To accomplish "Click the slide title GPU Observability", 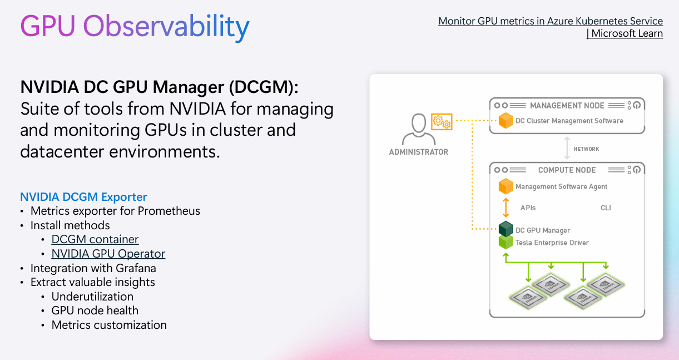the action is pos(135,26).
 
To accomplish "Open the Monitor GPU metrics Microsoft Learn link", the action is pos(551,27).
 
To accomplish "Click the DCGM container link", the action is pos(95,239).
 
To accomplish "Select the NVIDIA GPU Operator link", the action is pos(108,254).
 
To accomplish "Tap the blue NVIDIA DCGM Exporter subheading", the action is pos(83,197).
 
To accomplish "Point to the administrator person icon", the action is pos(418,129).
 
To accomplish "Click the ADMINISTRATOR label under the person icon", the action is pos(418,152).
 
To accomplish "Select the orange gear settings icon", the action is pos(442,121).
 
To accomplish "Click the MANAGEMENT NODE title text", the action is pos(567,106).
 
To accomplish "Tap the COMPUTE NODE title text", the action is pos(567,170).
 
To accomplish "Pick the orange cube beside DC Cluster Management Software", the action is pos(505,121).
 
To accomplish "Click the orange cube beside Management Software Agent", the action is pos(505,186).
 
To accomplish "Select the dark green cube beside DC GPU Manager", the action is pos(505,229).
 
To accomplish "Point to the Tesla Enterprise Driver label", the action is pos(552,243).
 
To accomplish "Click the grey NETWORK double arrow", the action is pos(567,149).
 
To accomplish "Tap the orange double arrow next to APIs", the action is pos(505,208).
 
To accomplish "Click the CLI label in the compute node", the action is pos(606,208).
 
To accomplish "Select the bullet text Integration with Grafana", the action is pos(93,268).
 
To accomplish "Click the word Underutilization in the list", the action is pos(92,297).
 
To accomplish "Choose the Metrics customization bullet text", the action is pos(109,325).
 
